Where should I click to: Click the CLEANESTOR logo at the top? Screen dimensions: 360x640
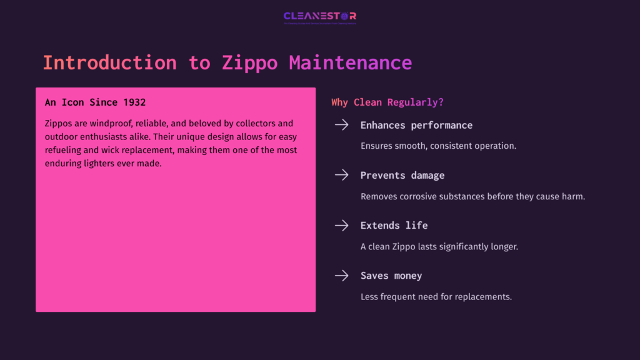pos(319,16)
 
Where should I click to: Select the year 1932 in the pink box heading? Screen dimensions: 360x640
pos(134,102)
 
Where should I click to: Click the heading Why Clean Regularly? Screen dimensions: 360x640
pos(387,102)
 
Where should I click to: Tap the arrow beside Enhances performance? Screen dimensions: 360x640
pos(341,125)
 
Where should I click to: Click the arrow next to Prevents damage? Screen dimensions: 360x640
pos(341,176)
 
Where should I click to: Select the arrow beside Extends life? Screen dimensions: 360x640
pos(341,226)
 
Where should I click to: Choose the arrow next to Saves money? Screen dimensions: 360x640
pos(341,276)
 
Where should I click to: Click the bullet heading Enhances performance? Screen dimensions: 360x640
pos(416,125)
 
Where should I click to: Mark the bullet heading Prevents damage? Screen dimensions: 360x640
pos(402,176)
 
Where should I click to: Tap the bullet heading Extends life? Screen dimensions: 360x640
pos(394,226)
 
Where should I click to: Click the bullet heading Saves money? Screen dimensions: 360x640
pos(391,276)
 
